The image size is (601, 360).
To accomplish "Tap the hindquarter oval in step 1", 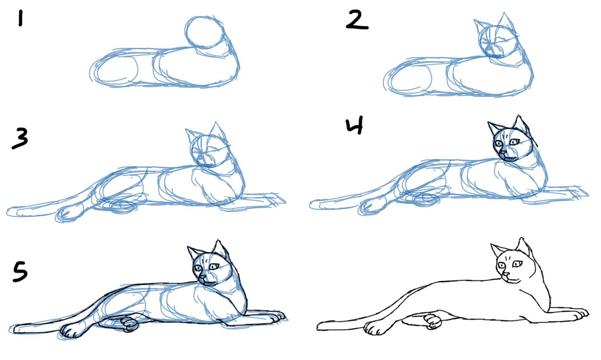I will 117,71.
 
